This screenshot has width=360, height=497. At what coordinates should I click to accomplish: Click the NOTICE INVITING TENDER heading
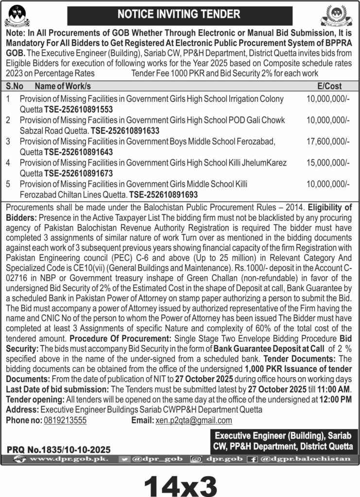point(180,15)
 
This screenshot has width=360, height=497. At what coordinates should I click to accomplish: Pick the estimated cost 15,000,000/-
point(327,162)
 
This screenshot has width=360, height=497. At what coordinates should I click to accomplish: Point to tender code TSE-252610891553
point(79,109)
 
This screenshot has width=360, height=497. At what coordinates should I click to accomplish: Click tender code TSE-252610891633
point(125,131)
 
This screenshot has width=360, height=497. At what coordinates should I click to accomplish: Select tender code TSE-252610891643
point(79,152)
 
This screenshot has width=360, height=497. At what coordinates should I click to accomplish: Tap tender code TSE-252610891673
point(79,173)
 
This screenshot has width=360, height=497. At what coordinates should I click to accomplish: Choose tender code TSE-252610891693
point(164,194)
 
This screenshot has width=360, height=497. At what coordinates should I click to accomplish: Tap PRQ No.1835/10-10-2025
point(59,449)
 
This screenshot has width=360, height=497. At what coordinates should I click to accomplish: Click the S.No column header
point(16,86)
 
